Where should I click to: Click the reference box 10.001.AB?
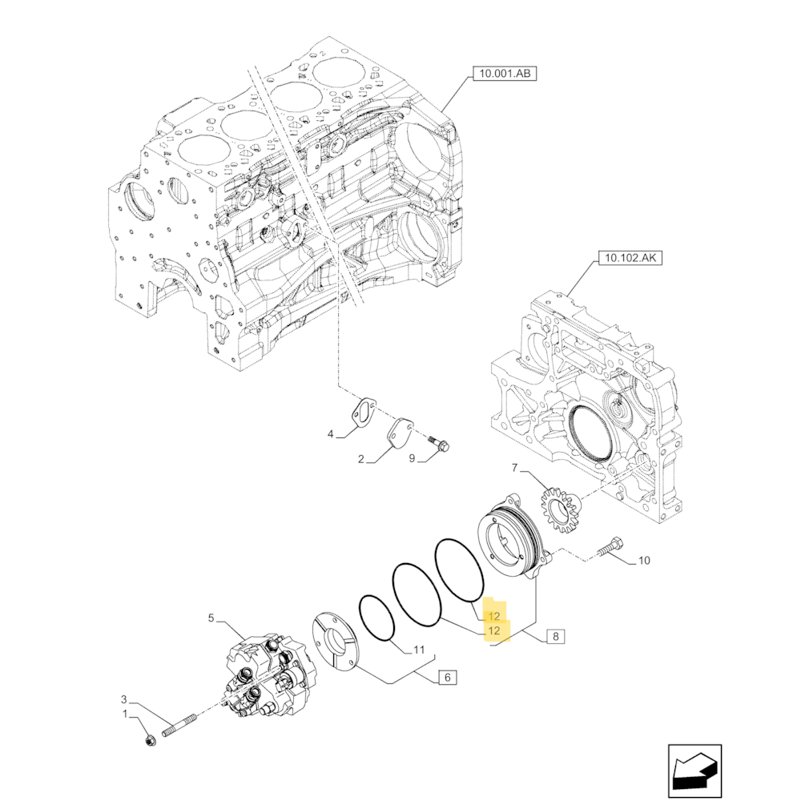click(505, 74)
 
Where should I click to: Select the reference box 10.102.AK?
click(630, 259)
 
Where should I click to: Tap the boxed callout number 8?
click(554, 638)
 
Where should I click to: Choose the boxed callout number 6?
click(447, 678)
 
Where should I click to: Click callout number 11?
click(419, 650)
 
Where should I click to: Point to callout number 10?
click(643, 561)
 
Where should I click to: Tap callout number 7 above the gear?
click(515, 467)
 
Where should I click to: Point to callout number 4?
click(329, 434)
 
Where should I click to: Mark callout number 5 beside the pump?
click(211, 618)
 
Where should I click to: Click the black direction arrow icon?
click(694, 771)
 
